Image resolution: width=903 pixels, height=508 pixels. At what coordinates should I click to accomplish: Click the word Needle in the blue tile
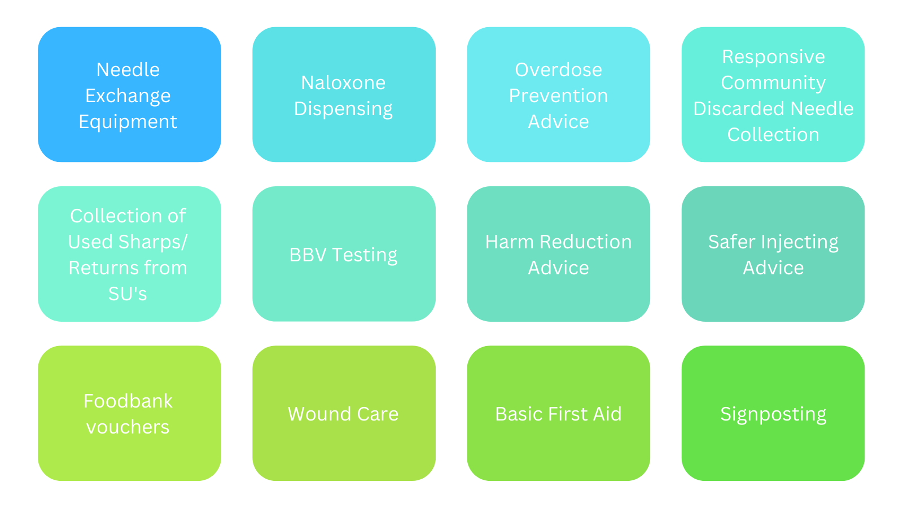pos(128,70)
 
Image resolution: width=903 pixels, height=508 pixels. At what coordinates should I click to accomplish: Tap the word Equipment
pos(128,122)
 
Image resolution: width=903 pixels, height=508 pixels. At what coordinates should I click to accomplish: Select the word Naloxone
pos(343,82)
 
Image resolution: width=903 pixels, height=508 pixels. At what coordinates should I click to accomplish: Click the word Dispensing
pos(343,110)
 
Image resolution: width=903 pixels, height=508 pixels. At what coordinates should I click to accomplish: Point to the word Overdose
pos(558,70)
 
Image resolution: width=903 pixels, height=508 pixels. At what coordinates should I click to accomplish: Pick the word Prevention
pos(558,95)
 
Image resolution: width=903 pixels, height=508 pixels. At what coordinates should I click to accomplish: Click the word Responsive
pos(773,57)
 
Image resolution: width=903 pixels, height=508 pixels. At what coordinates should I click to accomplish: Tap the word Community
pos(773,84)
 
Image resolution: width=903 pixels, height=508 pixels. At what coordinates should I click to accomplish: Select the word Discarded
pos(739,108)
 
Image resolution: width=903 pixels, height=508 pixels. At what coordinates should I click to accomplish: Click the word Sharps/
pos(153,242)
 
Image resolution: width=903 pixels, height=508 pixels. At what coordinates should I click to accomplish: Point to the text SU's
pos(128,294)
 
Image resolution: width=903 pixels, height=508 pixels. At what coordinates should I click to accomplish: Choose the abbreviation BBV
pos(308,255)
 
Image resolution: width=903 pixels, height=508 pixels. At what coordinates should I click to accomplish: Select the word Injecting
pos(800,243)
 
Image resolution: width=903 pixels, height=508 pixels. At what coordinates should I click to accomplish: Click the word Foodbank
pos(128,401)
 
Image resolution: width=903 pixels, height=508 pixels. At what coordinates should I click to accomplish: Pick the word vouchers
pos(128,427)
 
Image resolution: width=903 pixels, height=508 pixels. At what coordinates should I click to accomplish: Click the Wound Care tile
pos(344,413)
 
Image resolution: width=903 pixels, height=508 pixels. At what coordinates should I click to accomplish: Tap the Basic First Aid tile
pos(558,413)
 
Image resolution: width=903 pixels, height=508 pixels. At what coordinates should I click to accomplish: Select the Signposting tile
pos(773,413)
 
